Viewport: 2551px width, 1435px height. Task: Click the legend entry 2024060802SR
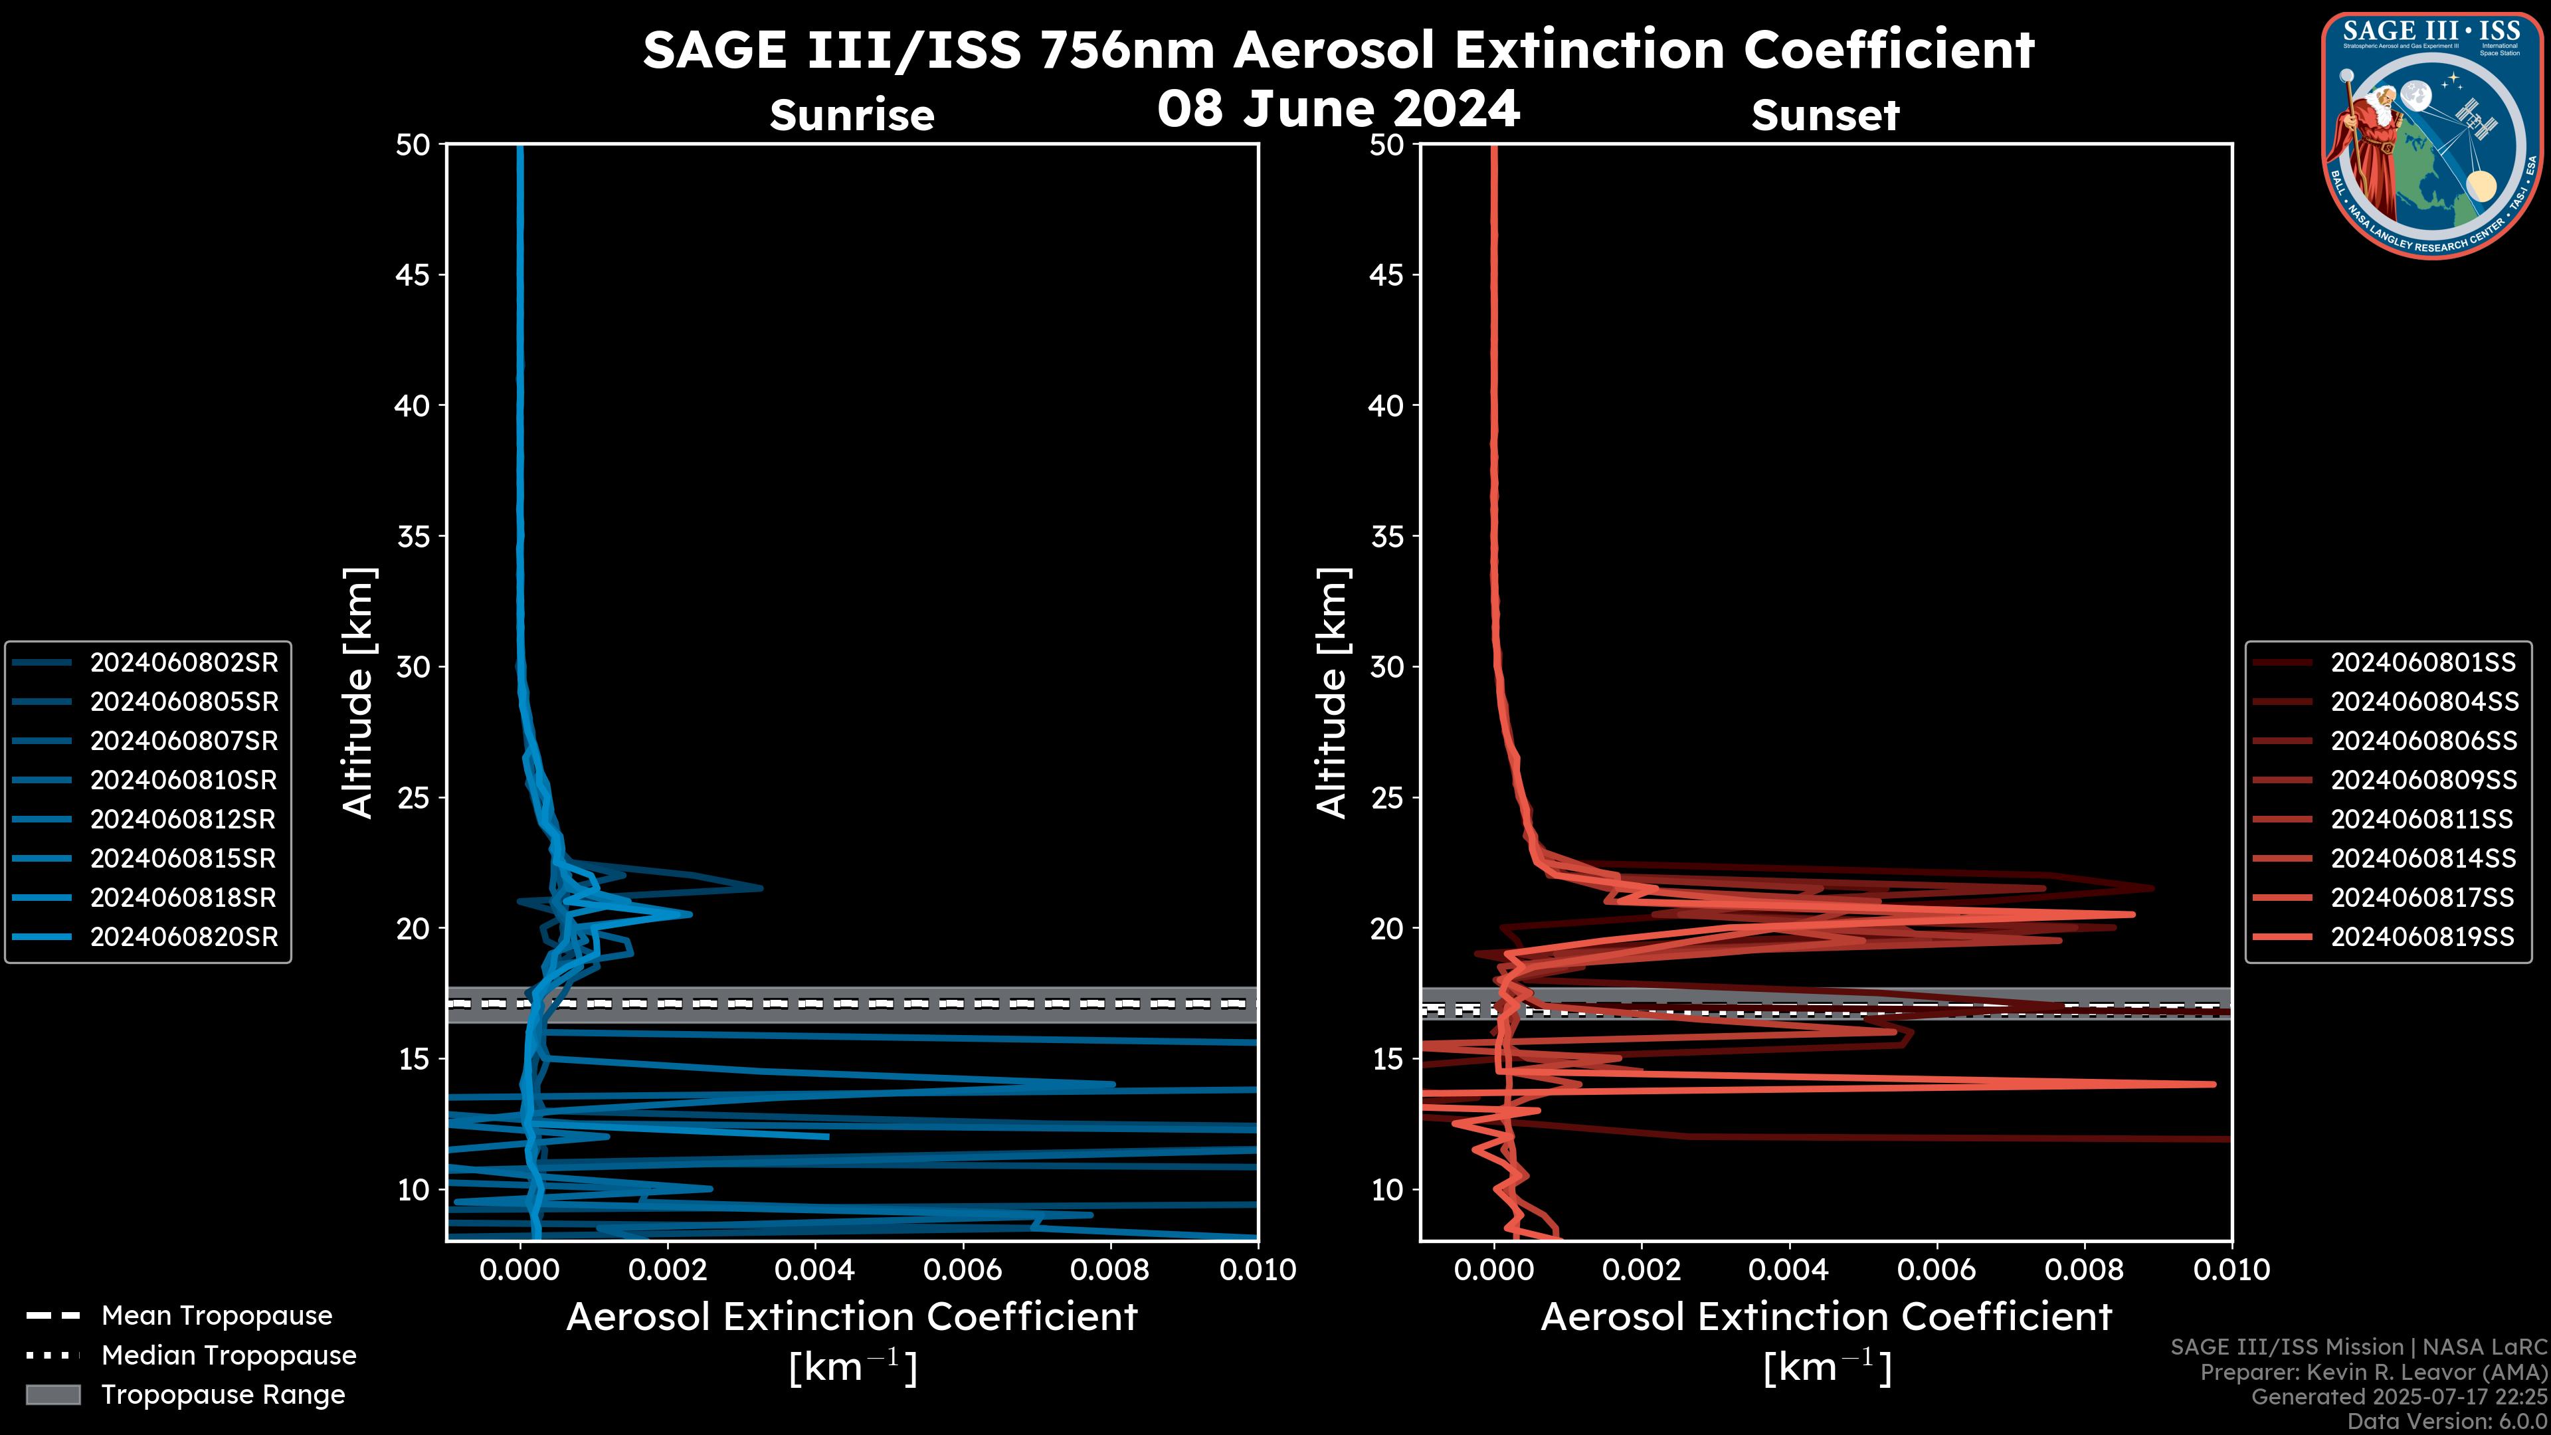coord(183,662)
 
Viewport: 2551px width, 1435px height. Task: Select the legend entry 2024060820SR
coord(183,937)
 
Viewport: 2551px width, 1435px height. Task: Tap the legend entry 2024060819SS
coord(2421,937)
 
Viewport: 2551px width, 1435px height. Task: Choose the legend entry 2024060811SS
coord(2421,819)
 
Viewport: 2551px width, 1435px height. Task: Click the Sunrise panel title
coord(852,116)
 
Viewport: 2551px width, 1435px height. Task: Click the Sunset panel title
coord(1825,116)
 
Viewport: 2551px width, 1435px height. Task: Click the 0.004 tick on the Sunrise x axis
coord(815,1270)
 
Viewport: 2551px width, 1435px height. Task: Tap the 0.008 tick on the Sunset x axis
coord(2085,1270)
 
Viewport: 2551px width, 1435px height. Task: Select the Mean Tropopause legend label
coord(217,1316)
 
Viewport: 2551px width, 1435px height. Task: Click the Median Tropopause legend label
coord(229,1356)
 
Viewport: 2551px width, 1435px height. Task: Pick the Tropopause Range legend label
coord(223,1395)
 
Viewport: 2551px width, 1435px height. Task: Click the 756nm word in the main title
coord(1126,50)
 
